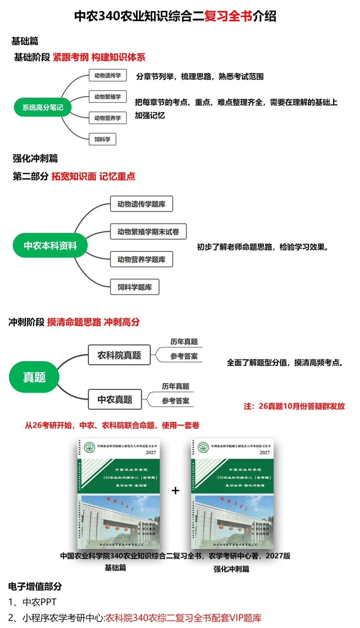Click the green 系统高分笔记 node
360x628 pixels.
(x=43, y=107)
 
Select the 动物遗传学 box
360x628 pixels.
(x=108, y=75)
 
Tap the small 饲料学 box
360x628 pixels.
(x=102, y=139)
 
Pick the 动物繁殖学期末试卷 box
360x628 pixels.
(x=148, y=232)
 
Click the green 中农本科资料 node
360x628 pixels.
(x=50, y=246)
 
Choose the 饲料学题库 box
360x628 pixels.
(x=134, y=287)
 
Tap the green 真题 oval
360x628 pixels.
(x=34, y=377)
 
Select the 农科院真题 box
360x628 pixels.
(x=119, y=355)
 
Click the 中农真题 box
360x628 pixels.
(x=115, y=399)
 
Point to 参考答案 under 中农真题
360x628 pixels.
(x=175, y=401)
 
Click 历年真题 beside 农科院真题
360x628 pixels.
(x=184, y=342)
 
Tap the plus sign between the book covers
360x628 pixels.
(x=175, y=490)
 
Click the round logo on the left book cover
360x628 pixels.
(x=89, y=447)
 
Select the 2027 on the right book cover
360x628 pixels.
(x=265, y=452)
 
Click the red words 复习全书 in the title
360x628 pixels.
(x=228, y=16)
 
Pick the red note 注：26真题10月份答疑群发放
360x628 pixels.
(x=294, y=406)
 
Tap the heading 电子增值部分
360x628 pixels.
(x=35, y=586)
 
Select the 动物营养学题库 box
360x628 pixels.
(x=141, y=259)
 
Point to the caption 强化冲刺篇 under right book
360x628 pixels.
(x=231, y=569)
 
